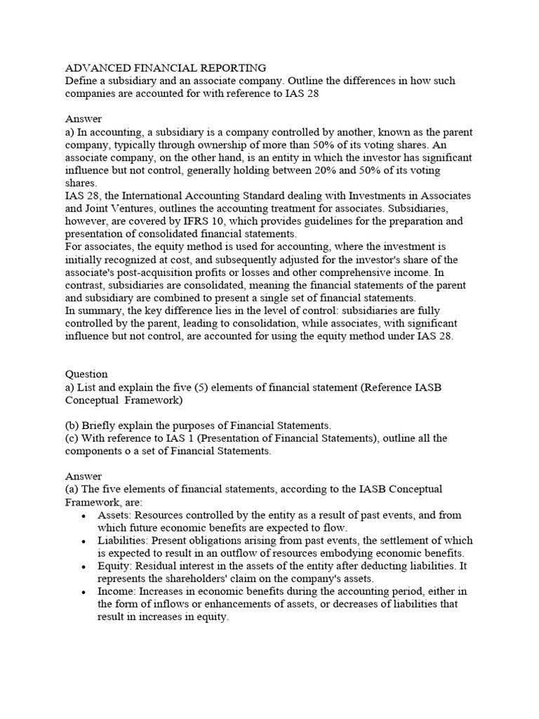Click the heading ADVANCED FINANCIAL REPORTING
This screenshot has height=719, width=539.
166,68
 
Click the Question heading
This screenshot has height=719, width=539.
86,374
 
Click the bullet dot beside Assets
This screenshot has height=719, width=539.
84,515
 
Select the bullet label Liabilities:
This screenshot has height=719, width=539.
126,541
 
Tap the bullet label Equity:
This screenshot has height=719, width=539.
115,566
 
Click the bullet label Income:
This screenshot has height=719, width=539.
117,591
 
